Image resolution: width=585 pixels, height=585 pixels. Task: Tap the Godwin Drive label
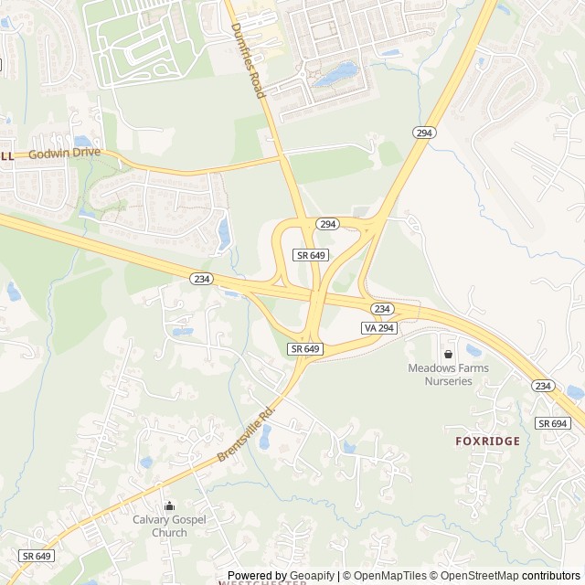pos(64,154)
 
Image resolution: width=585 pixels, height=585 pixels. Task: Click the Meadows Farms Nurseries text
pos(448,374)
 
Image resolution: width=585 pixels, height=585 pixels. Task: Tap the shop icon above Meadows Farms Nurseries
pos(448,354)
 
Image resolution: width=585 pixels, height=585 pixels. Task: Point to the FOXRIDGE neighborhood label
pos(487,441)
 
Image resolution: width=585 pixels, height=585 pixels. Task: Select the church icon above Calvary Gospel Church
pos(169,505)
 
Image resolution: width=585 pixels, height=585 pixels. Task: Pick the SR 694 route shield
pos(553,423)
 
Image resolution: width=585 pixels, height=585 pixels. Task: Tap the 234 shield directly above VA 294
pos(382,309)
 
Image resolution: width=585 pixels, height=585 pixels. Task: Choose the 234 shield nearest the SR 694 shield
pos(543,386)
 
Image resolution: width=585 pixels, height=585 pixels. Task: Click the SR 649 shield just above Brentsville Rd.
pos(305,349)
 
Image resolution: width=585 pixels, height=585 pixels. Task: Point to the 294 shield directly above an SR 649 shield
pos(327,224)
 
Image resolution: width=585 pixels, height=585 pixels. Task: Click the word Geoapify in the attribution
pos(306,576)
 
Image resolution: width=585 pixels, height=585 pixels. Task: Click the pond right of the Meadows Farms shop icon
pos(473,350)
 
